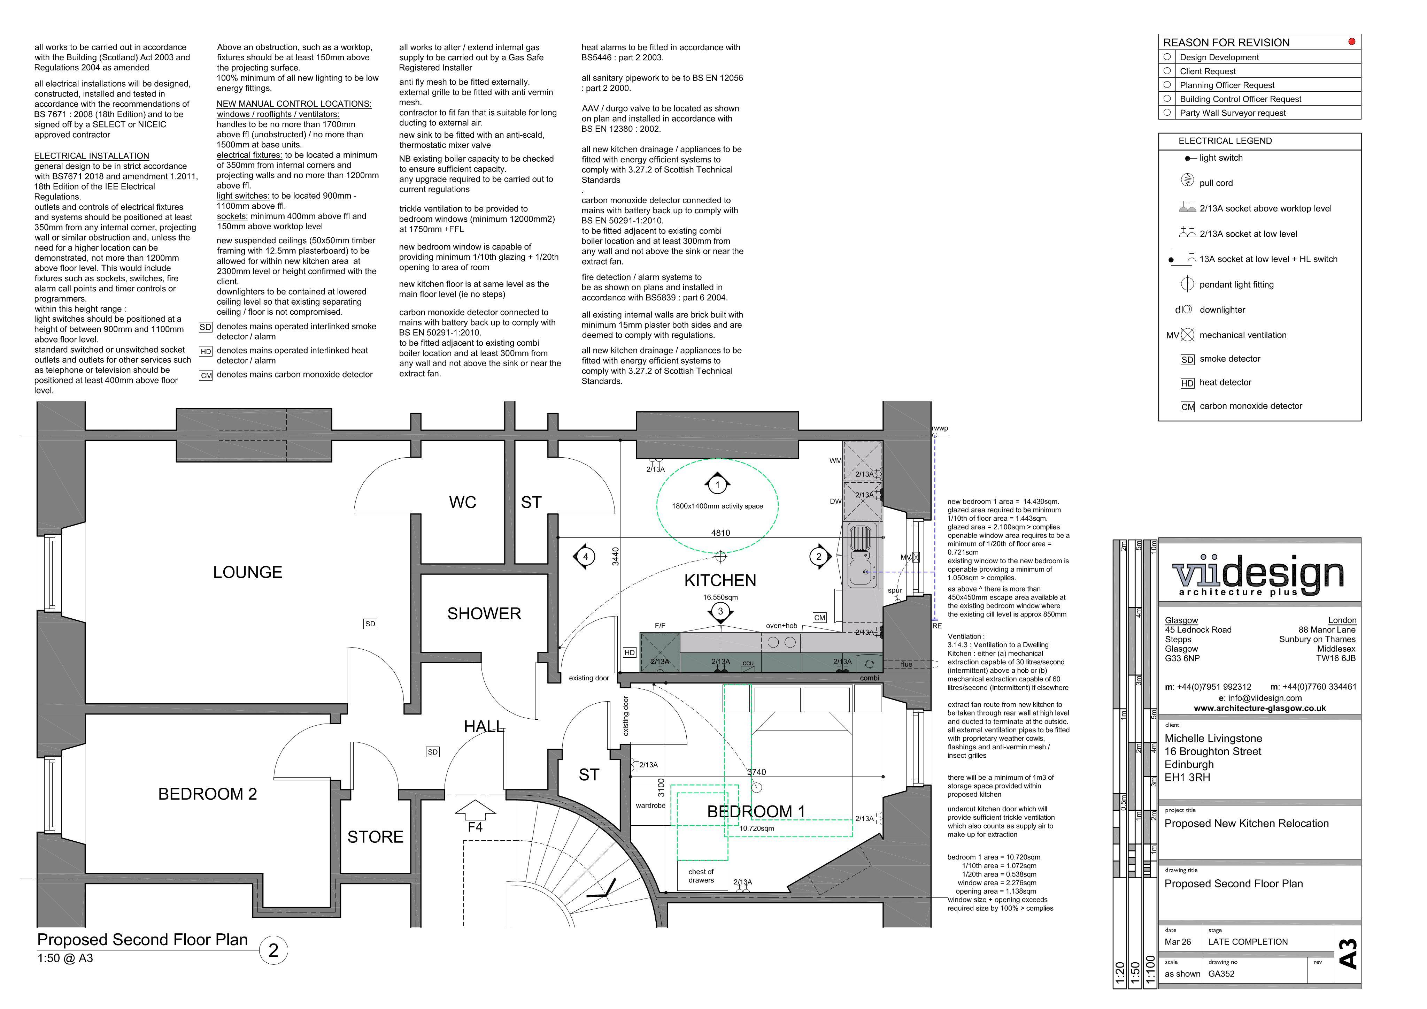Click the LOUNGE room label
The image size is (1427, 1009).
[247, 572]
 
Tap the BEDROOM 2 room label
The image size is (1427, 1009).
[208, 794]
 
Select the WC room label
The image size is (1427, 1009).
[462, 502]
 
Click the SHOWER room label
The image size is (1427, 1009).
[484, 614]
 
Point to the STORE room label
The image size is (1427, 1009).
[376, 837]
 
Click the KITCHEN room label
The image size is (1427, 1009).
[720, 581]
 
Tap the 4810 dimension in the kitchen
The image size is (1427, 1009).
[720, 533]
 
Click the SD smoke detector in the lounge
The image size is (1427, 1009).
[370, 624]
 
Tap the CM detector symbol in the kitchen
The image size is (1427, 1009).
[820, 617]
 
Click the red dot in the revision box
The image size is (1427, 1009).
[1351, 42]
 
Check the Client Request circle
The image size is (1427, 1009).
[1167, 71]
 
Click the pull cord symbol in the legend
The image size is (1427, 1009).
[1187, 180]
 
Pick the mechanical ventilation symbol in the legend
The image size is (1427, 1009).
[1188, 335]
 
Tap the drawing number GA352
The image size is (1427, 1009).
[1221, 973]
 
